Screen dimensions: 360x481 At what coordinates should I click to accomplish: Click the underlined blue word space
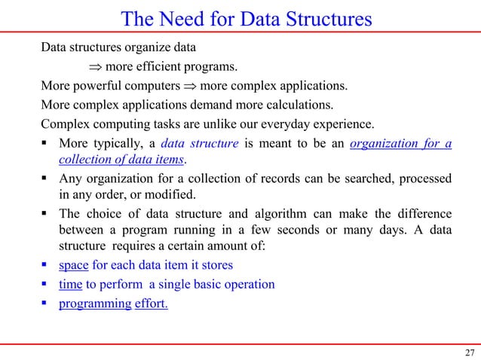(x=72, y=265)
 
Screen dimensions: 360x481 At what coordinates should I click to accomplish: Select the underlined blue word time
(x=71, y=285)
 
